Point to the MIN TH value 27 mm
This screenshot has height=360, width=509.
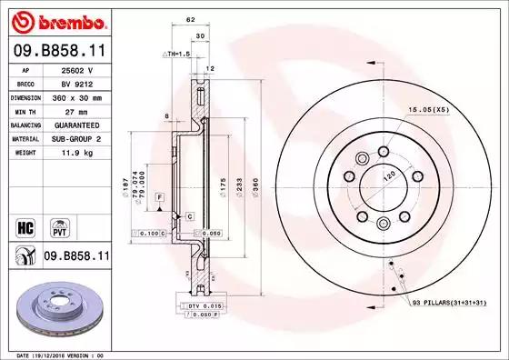coord(73,110)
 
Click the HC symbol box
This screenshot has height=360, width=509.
coord(25,225)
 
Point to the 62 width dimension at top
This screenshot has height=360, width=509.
coord(189,19)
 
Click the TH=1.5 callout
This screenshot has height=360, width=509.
coord(177,54)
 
